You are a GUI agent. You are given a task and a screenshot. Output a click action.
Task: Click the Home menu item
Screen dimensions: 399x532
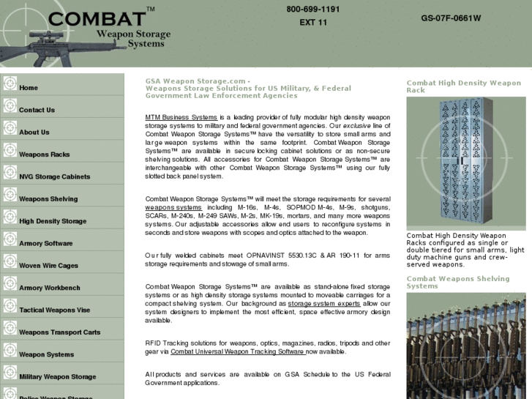click(x=29, y=88)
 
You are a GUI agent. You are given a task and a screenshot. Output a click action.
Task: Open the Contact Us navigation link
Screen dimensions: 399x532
click(x=37, y=110)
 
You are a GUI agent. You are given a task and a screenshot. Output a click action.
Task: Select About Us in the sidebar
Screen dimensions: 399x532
click(x=34, y=133)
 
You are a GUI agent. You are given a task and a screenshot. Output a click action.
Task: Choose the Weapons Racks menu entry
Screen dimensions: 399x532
click(x=44, y=154)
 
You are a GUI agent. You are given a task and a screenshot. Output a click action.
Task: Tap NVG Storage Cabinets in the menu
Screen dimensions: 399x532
click(x=54, y=176)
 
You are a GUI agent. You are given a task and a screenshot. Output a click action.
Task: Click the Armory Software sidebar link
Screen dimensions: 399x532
click(x=45, y=243)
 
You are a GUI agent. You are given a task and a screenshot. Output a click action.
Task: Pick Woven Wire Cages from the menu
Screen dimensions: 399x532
click(x=48, y=266)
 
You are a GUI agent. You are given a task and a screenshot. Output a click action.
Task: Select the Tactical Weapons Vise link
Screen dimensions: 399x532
click(x=54, y=310)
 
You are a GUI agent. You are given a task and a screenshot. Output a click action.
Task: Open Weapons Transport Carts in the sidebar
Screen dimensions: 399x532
click(x=59, y=332)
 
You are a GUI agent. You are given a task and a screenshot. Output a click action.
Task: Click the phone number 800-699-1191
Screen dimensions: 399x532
click(x=313, y=10)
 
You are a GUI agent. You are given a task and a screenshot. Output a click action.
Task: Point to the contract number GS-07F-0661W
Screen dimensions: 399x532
click(x=451, y=18)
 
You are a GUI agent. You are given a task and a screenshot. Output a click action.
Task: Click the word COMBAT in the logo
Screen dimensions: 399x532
click(x=96, y=18)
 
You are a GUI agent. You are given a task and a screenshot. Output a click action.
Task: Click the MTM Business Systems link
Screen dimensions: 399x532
click(x=181, y=117)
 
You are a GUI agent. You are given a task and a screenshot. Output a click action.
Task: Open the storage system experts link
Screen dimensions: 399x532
click(x=323, y=303)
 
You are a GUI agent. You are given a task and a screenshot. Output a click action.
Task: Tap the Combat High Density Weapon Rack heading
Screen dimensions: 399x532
click(x=463, y=86)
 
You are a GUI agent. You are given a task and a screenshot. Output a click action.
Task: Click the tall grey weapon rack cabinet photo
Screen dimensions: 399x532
click(x=465, y=163)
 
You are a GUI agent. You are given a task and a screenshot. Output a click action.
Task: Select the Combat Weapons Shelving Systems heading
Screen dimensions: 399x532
click(x=457, y=283)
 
